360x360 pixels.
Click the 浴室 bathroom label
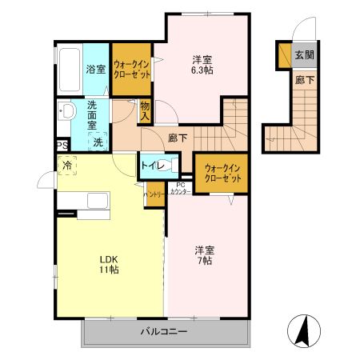coord(96,69)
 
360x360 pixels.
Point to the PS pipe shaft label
coord(62,145)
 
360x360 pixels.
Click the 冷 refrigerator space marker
coord(66,166)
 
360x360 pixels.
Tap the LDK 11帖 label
coord(109,264)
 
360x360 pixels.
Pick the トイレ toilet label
coord(151,166)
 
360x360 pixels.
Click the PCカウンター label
coord(181,188)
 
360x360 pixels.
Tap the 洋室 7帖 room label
coord(203,254)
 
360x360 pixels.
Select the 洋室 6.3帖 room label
coord(202,65)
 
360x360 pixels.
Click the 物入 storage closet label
coord(145,110)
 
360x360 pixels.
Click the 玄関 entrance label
coord(303,55)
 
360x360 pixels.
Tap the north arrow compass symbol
coord(305,330)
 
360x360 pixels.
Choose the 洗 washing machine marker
coord(96,142)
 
